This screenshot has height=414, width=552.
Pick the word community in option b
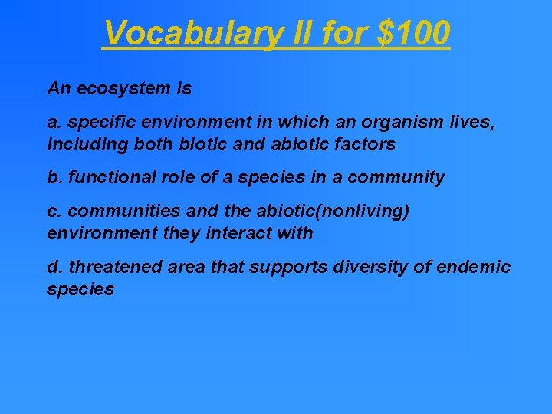396,178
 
